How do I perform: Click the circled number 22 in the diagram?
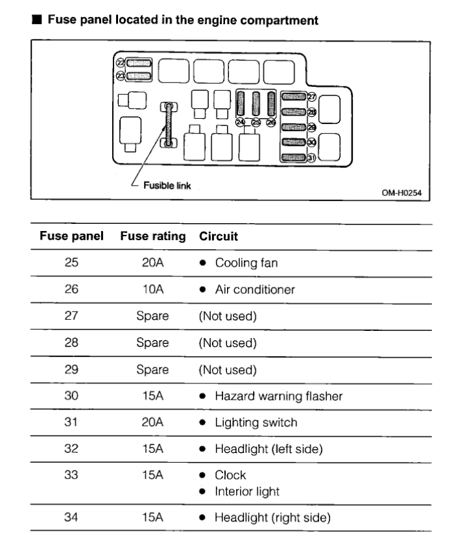tap(120, 63)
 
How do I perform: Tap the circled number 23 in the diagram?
tap(120, 75)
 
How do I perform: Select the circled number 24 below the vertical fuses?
tap(241, 121)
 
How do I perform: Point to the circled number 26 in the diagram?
tap(271, 121)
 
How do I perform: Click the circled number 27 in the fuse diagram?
tap(311, 97)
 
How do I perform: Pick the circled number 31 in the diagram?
tap(311, 158)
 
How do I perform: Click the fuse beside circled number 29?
tap(293, 127)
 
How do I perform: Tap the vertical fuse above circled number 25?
tap(256, 103)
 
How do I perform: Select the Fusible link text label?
tap(168, 185)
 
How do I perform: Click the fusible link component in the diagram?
tap(169, 123)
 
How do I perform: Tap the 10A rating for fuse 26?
tap(152, 289)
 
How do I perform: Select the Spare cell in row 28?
tap(152, 343)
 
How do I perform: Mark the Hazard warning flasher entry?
tap(278, 396)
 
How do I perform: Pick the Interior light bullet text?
tap(247, 491)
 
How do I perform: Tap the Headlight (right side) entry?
tap(272, 517)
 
